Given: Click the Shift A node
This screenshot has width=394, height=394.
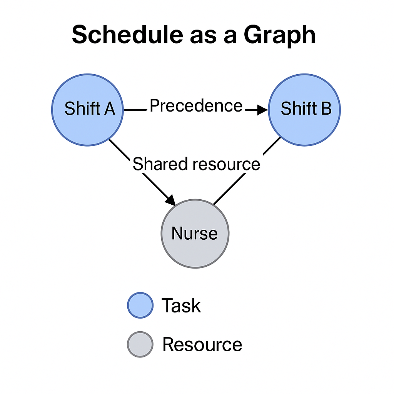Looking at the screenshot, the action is click(x=87, y=110).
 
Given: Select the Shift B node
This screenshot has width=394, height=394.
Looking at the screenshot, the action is click(x=304, y=110).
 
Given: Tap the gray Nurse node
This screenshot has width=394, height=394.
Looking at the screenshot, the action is click(x=195, y=234).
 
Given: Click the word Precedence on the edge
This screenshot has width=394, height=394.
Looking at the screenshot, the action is click(x=196, y=106).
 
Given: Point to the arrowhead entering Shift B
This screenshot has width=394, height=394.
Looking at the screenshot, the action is click(x=262, y=110).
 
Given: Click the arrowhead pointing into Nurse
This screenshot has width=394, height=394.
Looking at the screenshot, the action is click(x=171, y=200).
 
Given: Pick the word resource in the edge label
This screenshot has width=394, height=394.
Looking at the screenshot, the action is click(x=226, y=165).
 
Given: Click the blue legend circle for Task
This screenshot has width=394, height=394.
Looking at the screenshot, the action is click(x=140, y=305).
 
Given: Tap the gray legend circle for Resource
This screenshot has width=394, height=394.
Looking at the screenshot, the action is click(x=140, y=344).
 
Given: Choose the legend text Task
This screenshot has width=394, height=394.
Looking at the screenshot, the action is click(x=181, y=305).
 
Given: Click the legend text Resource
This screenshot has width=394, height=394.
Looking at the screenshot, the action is click(x=202, y=344).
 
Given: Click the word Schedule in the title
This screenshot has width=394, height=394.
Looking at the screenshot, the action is click(x=127, y=35).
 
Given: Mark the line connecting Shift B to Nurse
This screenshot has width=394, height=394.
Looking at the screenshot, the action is click(x=247, y=171).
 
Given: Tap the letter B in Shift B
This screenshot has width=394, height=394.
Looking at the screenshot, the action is click(x=326, y=109).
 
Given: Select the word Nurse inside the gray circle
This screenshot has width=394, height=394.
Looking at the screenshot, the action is click(x=194, y=234).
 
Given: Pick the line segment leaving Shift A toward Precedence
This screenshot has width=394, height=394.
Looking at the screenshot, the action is click(x=135, y=110).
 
